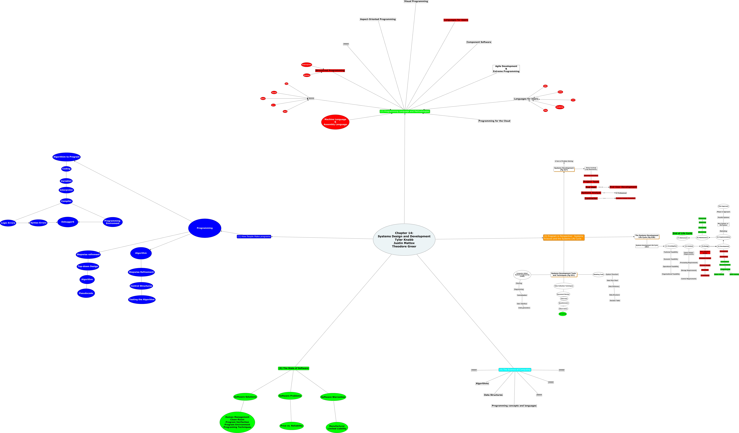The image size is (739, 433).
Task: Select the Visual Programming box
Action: pos(416,1)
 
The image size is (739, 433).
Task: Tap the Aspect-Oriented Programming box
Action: pos(378,19)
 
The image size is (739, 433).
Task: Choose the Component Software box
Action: pos(479,42)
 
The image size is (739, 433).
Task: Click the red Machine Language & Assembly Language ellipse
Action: pos(335,122)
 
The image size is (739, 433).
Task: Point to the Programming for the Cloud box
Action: pos(494,121)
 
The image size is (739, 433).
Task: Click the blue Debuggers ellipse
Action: pos(68,222)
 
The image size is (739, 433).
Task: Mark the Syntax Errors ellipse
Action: pos(38,223)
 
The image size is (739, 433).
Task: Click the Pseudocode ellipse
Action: pos(86,293)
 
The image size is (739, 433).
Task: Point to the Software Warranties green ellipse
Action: pos(333,397)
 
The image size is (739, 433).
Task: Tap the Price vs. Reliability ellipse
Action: pos(291,426)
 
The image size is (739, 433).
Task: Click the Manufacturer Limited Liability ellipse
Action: pos(337,427)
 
